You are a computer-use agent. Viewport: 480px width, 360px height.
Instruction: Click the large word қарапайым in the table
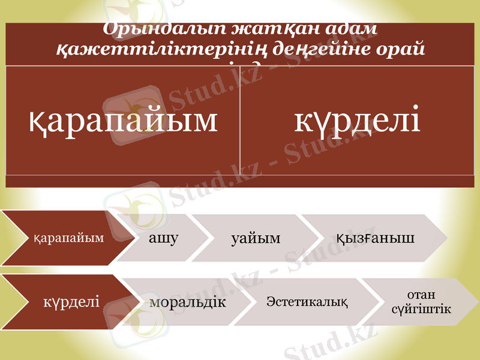tap(123, 119)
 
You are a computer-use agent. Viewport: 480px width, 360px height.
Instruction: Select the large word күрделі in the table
tap(357, 119)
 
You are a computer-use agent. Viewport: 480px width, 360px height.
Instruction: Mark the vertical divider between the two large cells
tap(240, 120)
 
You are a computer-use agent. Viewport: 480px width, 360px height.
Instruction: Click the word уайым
tap(256, 239)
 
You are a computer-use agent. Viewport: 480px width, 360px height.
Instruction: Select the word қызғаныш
tap(376, 238)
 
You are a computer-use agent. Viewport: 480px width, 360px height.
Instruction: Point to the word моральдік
tap(187, 302)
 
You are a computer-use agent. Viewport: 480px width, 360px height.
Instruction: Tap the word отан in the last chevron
tap(421, 294)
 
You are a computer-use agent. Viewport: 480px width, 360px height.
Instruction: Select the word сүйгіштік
tap(421, 308)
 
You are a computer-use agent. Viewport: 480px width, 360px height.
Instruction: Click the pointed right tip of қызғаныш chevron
tap(447, 238)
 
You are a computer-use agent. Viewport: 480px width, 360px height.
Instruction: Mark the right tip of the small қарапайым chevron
tap(133, 238)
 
